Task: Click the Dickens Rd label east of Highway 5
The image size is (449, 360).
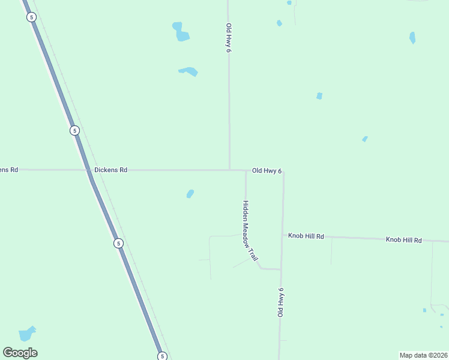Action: (111, 170)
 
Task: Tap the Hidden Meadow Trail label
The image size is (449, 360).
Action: (250, 230)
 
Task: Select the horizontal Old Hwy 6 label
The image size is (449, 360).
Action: (267, 171)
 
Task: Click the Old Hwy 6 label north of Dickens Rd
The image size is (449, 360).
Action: (229, 38)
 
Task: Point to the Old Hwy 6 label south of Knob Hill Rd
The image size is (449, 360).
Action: (280, 303)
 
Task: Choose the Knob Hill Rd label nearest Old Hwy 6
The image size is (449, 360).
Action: (306, 236)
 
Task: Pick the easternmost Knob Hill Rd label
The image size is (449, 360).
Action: (404, 240)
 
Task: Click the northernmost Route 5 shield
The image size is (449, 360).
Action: (31, 17)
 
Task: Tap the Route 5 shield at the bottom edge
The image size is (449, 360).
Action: (162, 356)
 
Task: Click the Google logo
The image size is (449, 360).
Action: (20, 353)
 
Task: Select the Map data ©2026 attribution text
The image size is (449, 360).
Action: (424, 355)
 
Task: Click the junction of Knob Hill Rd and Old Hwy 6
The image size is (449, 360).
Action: (283, 235)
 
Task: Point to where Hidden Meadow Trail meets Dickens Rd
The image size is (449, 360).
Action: (246, 171)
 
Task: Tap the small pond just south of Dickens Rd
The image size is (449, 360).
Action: (190, 194)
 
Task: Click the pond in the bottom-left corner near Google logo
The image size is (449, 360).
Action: (27, 334)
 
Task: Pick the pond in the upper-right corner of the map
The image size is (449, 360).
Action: (412, 38)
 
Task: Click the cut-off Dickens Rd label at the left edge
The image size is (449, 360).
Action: (9, 170)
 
